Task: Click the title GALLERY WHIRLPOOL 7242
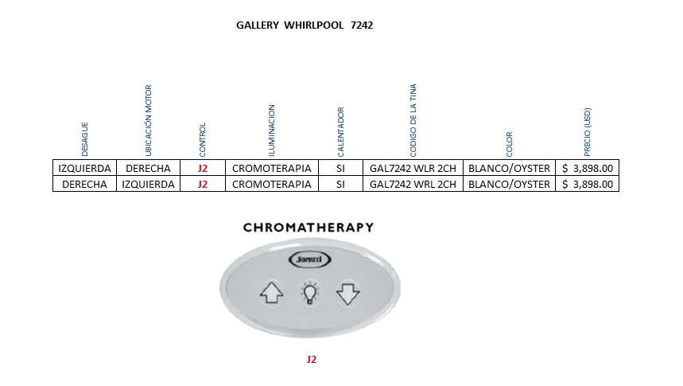coord(305,25)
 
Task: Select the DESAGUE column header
coord(85,138)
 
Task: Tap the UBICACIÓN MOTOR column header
coord(149,119)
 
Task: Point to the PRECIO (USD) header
coord(588,131)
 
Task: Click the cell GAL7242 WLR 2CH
coord(413,169)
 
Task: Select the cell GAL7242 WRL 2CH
coord(413,184)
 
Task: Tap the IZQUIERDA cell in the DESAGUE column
coord(84,169)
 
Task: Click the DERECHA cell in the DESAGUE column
coord(84,184)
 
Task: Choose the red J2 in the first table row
coord(203,169)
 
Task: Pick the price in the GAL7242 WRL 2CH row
coord(588,184)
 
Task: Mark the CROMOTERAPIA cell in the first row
coord(272,169)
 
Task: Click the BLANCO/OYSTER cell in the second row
coord(510,184)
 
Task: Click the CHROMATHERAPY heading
coord(308,228)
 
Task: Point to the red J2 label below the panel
coord(312,359)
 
